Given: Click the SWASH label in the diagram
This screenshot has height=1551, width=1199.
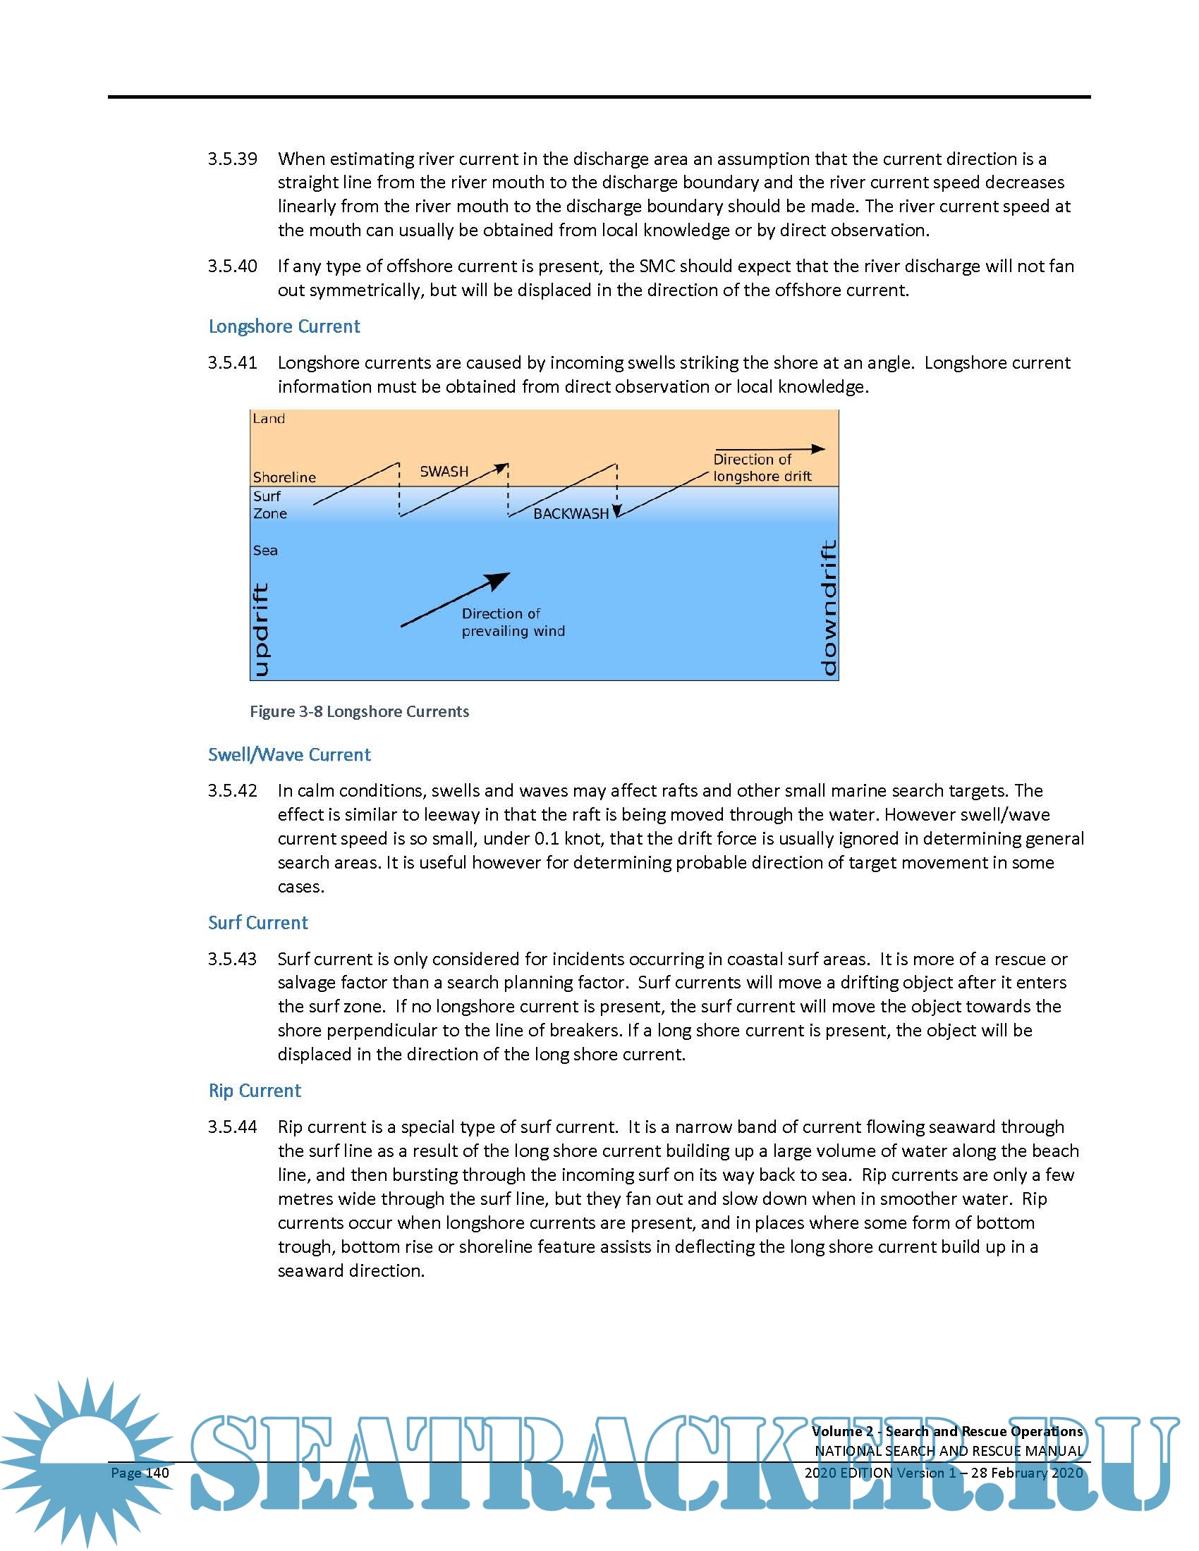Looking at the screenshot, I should [x=444, y=472].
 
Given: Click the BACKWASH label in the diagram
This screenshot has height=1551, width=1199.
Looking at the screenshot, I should [x=571, y=513].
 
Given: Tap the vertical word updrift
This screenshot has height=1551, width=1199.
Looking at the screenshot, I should [x=261, y=630].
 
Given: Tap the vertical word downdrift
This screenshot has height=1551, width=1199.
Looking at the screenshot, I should [x=828, y=608].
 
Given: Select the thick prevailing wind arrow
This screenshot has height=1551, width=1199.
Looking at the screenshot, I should [x=456, y=600].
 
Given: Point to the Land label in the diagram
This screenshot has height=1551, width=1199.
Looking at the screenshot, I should [x=269, y=419].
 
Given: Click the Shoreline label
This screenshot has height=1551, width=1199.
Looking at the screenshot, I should [x=284, y=477].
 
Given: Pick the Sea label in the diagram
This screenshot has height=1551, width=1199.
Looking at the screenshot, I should [x=265, y=551].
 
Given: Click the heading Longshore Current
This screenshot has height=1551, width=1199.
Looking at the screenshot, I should [x=284, y=326].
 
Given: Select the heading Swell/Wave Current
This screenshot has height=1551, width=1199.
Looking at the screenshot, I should [x=289, y=754].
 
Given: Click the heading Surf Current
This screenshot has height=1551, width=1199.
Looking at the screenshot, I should [x=258, y=923].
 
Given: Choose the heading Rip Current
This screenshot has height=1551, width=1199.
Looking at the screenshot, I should [x=255, y=1091].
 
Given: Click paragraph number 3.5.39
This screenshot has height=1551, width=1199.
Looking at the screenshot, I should [x=232, y=159].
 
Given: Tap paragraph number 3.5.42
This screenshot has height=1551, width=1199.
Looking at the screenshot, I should [x=232, y=791].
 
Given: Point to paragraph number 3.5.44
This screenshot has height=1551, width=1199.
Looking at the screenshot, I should [x=232, y=1127].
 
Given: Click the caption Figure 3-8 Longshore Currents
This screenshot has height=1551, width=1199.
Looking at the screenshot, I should [x=360, y=711].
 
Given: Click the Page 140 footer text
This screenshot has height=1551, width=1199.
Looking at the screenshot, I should [x=140, y=1473].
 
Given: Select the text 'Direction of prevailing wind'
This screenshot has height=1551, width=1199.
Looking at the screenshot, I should [x=513, y=622].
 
